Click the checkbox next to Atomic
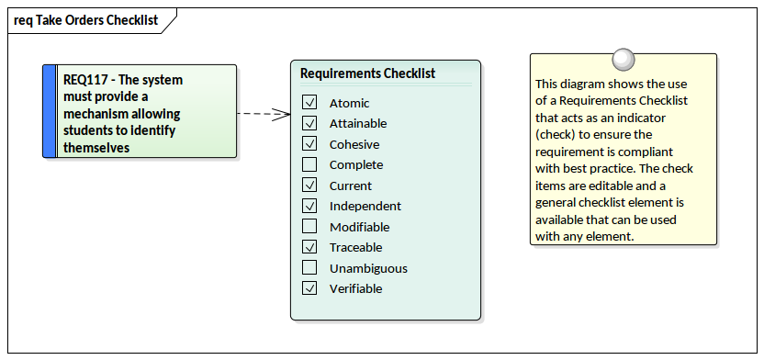(309, 103)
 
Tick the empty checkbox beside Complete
(309, 165)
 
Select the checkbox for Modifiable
(309, 227)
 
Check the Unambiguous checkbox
(309, 268)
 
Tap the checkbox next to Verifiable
(309, 288)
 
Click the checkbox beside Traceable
(309, 247)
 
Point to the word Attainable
(357, 124)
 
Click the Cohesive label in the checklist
(354, 144)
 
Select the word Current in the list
(350, 186)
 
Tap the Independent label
(365, 207)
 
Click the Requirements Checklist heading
(367, 73)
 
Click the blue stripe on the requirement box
(49, 111)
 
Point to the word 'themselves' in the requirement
(96, 148)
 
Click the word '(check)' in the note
(556, 135)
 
